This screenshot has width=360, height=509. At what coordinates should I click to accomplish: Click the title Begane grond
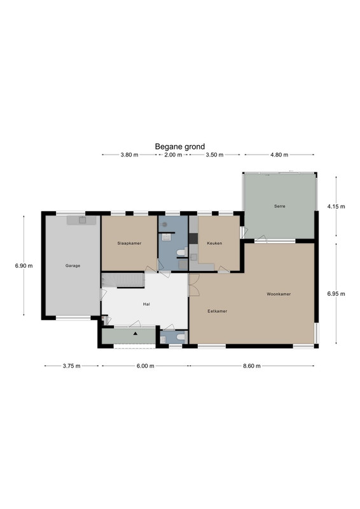[x=180, y=147]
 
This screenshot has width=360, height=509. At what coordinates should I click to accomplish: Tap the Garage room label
[x=73, y=265]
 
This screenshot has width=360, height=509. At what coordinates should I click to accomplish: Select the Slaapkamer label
[x=129, y=243]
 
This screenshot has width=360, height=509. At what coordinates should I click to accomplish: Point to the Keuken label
[x=214, y=243]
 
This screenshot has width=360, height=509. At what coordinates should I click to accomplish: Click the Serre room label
[x=279, y=206]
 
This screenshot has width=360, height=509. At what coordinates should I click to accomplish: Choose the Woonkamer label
[x=279, y=294]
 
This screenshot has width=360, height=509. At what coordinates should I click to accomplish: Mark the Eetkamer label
[x=217, y=311]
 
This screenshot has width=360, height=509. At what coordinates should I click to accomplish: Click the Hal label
[x=146, y=304]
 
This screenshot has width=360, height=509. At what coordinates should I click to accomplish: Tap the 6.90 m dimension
[x=24, y=265]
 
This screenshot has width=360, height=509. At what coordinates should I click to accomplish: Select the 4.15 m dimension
[x=336, y=206]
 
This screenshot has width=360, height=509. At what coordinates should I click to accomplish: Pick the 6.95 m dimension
[x=336, y=294]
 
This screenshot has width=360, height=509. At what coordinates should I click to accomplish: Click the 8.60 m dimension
[x=252, y=366]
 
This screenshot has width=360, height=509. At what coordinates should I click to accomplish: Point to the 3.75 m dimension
[x=71, y=366]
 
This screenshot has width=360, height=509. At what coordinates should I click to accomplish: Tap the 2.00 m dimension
[x=173, y=155]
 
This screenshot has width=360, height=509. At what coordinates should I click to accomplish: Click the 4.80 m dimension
[x=279, y=155]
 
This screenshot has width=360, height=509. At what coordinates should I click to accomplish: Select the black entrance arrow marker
[x=135, y=333]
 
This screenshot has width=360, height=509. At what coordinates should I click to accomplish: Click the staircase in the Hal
[x=123, y=281]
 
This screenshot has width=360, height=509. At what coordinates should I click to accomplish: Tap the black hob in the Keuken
[x=193, y=239]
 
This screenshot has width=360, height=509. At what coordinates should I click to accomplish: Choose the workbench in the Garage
[x=81, y=220]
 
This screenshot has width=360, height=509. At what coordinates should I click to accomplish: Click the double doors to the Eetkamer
[x=194, y=285]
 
